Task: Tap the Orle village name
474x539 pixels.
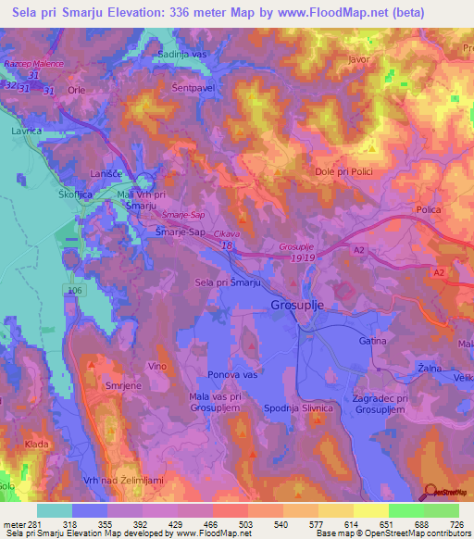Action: tap(76, 91)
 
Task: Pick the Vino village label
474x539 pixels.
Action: tap(158, 368)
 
